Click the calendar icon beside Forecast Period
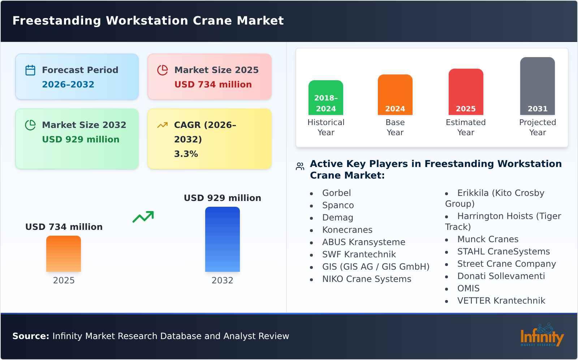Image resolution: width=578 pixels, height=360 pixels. click(30, 70)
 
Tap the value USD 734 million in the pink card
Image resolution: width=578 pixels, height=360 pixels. click(213, 85)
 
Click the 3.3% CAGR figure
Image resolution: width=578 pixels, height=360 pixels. click(186, 154)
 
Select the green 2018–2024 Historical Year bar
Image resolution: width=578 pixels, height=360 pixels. click(325, 98)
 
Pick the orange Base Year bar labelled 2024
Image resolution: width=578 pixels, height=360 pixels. click(395, 95)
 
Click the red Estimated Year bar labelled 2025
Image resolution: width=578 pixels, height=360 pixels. click(466, 92)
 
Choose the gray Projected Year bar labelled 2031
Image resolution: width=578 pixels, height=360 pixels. click(537, 86)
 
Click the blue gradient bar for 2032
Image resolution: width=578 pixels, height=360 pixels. click(222, 239)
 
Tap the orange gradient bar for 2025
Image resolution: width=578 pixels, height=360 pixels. click(64, 254)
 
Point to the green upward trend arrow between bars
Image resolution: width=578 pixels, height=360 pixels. click(143, 217)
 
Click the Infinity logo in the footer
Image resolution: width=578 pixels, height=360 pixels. click(542, 336)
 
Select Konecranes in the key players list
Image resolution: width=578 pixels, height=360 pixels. click(347, 230)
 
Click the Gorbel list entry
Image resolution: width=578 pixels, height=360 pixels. click(336, 193)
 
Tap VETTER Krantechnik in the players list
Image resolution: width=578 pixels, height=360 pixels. click(501, 301)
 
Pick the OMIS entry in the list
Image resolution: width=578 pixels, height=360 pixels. click(468, 288)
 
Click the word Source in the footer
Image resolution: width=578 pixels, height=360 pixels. click(30, 336)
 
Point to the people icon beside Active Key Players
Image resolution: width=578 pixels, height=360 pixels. click(300, 166)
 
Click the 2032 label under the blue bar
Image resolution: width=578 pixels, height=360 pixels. click(222, 280)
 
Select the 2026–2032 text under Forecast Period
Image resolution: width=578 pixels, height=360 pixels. click(68, 85)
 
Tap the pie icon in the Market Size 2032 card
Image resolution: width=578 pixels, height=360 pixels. click(30, 125)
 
